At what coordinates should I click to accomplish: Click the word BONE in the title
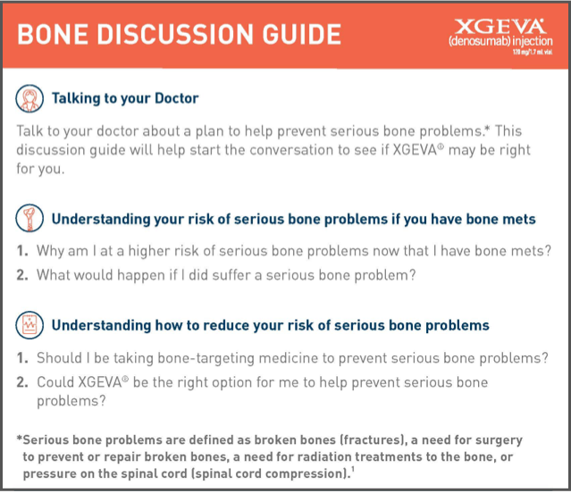55,34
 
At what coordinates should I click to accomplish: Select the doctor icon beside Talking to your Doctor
30,97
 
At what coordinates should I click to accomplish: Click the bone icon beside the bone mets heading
30,219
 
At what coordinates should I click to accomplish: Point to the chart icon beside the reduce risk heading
30,325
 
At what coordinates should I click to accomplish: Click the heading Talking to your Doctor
125,98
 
